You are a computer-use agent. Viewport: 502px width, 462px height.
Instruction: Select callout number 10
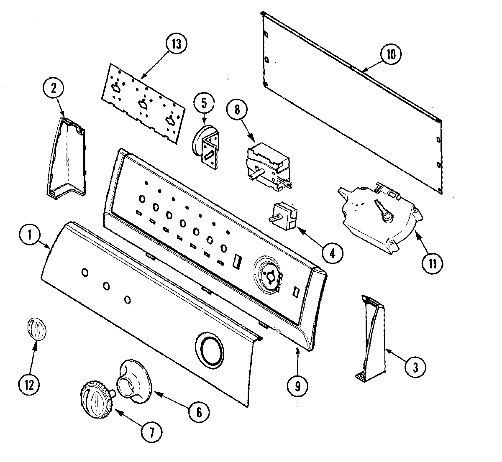click(x=391, y=54)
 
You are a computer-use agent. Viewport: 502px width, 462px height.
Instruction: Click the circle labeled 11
click(x=432, y=264)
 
